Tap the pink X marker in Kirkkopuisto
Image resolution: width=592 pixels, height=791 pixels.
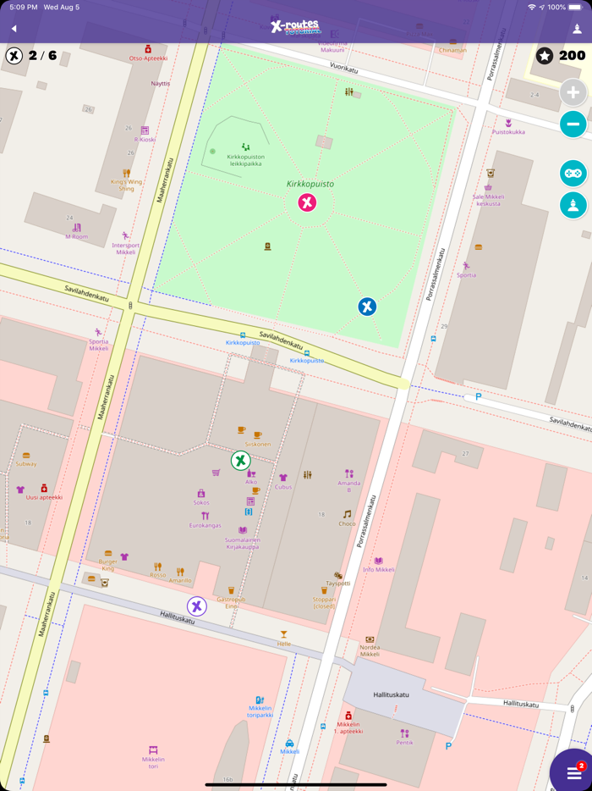click(x=307, y=202)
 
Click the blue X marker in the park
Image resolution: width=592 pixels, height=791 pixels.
click(x=367, y=307)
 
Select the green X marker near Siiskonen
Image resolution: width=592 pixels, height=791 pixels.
click(x=240, y=461)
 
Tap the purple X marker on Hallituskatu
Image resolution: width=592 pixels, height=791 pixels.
click(x=197, y=606)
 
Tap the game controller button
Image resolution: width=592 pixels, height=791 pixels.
click(x=573, y=173)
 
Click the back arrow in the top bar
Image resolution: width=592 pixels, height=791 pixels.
click(x=14, y=29)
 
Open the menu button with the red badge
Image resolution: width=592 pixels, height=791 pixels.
click(x=574, y=773)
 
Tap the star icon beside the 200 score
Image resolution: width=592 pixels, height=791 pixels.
click(x=545, y=56)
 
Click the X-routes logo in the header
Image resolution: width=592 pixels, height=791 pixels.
click(x=295, y=27)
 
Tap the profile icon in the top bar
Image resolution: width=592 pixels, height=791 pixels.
click(x=578, y=29)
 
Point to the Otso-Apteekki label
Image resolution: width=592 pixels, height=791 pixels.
click(x=148, y=58)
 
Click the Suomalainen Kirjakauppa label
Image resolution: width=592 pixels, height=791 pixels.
click(x=243, y=543)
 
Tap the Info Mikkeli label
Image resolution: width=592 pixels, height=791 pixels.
click(x=379, y=569)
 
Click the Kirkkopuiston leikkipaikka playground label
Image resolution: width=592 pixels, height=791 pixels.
click(x=246, y=159)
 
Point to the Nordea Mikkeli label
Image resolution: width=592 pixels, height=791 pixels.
click(x=370, y=650)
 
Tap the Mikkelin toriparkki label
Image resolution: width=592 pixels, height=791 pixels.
click(x=260, y=711)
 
